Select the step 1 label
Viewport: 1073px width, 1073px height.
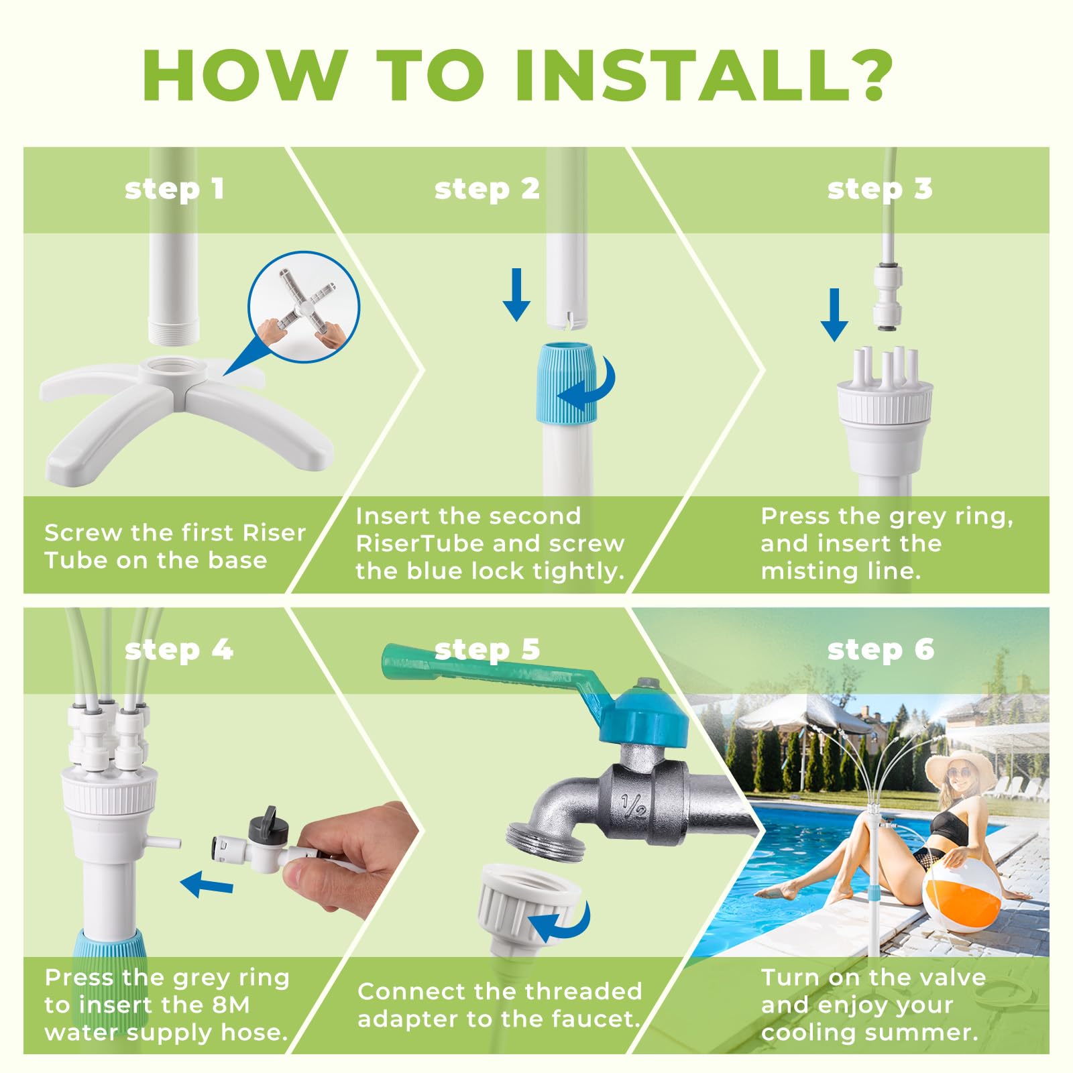(x=174, y=189)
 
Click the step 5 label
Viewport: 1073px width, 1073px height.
(x=487, y=650)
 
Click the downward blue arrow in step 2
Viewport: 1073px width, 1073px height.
(x=516, y=294)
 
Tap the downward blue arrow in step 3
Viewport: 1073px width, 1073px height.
(x=834, y=315)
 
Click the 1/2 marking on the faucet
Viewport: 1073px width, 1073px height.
(x=633, y=805)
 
